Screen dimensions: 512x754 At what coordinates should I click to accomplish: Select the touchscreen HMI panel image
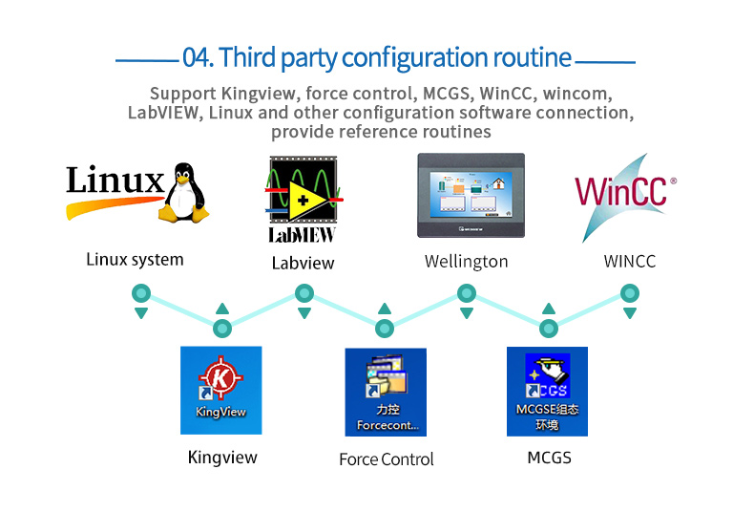[x=466, y=195]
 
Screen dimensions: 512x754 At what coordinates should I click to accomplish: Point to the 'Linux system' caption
[x=135, y=259]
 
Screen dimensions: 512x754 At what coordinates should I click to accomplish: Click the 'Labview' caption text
[x=304, y=263]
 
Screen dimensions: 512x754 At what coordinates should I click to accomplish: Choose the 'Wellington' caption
[x=466, y=261]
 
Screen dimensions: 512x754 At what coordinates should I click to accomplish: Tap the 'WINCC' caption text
[x=630, y=261]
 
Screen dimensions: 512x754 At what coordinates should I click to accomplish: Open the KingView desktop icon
[x=220, y=390]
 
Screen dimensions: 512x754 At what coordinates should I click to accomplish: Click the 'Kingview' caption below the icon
[x=222, y=458]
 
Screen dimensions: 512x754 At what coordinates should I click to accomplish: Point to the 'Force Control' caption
[x=387, y=459]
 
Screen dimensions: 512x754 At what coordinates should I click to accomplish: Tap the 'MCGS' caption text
[x=550, y=458]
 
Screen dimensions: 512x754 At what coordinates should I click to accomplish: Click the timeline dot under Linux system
[x=141, y=292]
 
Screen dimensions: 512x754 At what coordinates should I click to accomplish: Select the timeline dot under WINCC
[x=630, y=292]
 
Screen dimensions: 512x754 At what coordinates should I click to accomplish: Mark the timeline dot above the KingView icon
[x=222, y=329]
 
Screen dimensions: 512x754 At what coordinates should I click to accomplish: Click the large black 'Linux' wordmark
[x=115, y=181]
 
